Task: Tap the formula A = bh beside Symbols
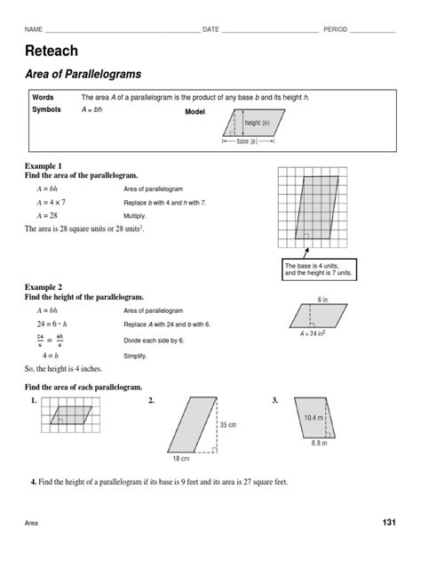[91, 110]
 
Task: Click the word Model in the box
[195, 112]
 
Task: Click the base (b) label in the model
[245, 140]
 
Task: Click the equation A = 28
[46, 215]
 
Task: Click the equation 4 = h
[47, 354]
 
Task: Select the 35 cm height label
[227, 424]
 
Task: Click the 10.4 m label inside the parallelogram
[314, 416]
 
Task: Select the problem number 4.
[33, 482]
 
